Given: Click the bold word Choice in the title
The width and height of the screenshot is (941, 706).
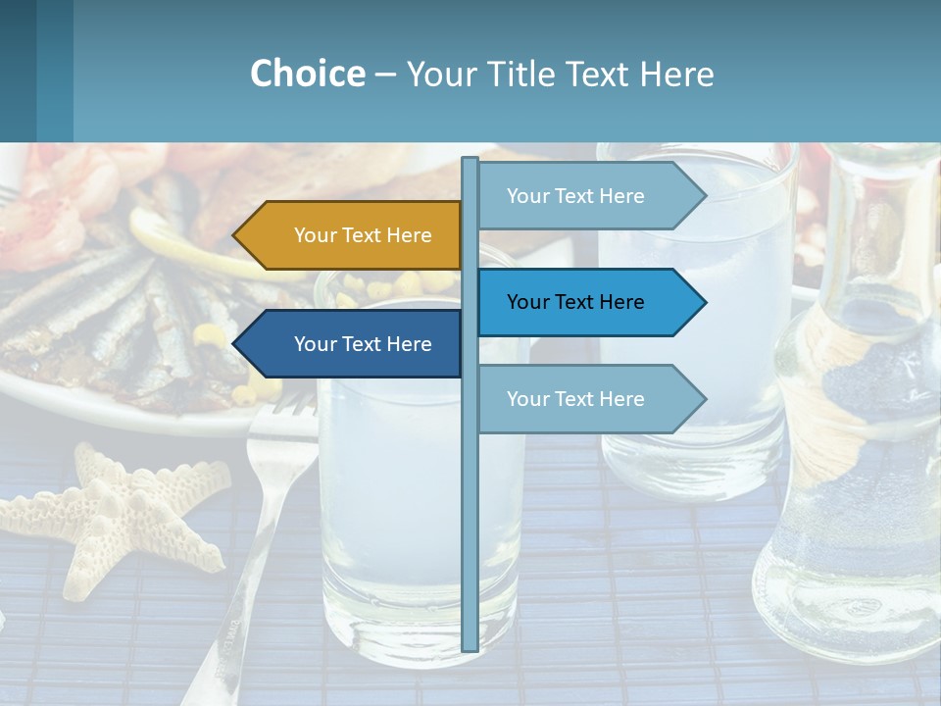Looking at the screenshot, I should tap(307, 74).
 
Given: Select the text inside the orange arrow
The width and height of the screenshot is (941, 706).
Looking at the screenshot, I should tap(363, 235).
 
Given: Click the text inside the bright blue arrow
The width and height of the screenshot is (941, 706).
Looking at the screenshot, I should tap(575, 302).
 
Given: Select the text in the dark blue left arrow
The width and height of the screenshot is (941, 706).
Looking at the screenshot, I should tap(363, 344).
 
